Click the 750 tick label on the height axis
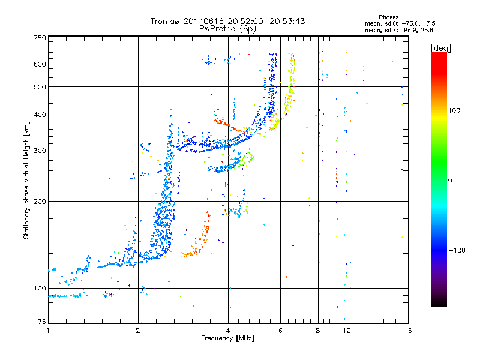[x=40, y=38]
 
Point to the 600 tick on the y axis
[x=40, y=64]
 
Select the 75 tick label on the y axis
[x=42, y=322]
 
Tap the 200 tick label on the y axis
[x=40, y=202]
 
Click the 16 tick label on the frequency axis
[x=408, y=331]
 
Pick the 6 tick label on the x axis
[x=280, y=331]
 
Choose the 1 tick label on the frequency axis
[x=48, y=331]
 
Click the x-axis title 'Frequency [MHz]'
[x=227, y=338]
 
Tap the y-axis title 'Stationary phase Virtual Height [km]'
[x=26, y=180]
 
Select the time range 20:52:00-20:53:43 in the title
[x=266, y=21]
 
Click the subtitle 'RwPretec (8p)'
[x=227, y=29]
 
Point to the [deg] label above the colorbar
[x=440, y=48]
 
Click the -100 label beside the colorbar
[x=457, y=250]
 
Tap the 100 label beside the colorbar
[x=454, y=110]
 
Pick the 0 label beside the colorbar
[x=450, y=181]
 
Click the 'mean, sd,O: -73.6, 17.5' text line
[x=400, y=23]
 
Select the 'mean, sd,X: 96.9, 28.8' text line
[x=399, y=31]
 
